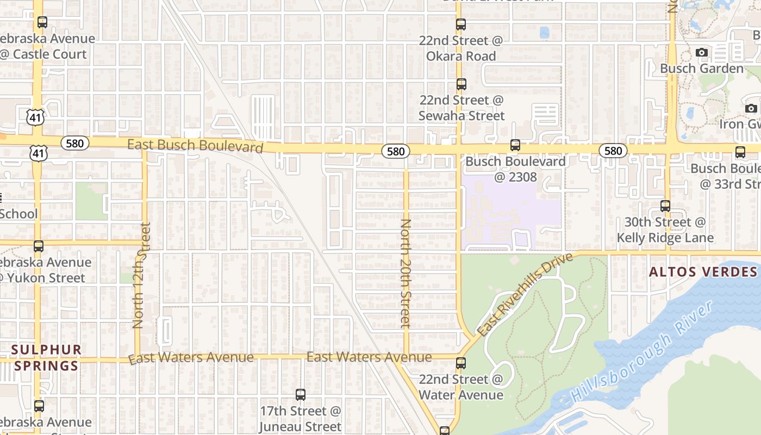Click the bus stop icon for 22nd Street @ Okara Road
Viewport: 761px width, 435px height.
(461, 24)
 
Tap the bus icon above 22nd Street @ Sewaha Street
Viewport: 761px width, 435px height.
(461, 84)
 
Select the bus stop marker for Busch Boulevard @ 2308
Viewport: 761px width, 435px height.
(515, 145)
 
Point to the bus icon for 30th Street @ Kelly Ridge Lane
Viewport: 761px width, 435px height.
(665, 206)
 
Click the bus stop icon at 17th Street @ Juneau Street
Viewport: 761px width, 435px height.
(301, 395)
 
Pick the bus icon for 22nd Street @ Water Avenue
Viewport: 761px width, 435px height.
(461, 363)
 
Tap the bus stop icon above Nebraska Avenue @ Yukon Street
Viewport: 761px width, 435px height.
(38, 246)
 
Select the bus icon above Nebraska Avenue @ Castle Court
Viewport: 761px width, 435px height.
(42, 22)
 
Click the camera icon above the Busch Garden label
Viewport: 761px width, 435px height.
(702, 52)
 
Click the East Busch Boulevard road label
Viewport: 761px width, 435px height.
(195, 146)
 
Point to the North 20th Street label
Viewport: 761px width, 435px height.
(406, 274)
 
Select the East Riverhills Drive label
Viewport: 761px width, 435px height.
(525, 294)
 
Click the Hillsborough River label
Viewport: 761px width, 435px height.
(641, 352)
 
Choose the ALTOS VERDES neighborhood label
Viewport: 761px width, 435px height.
(703, 272)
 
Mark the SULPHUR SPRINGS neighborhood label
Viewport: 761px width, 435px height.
(46, 357)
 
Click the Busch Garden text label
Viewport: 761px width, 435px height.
(701, 69)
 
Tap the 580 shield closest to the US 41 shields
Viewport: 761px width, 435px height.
(74, 143)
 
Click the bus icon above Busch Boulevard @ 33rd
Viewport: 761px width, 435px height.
(740, 152)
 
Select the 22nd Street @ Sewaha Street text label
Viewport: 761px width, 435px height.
(461, 108)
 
